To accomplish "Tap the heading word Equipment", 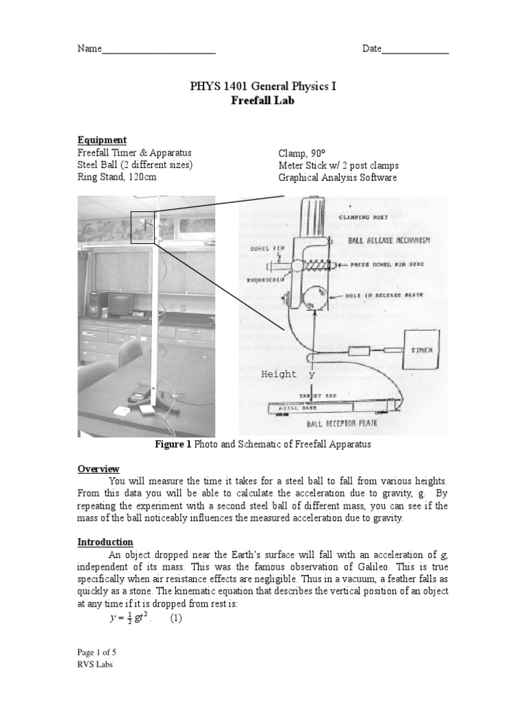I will click(102, 140).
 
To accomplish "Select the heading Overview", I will click(98, 469).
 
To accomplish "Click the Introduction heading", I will click(105, 542).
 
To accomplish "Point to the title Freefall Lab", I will click(263, 101).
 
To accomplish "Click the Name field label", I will click(89, 49).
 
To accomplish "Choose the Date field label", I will click(372, 49).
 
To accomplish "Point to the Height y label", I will click(288, 374).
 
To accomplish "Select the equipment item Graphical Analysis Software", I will click(337, 178).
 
